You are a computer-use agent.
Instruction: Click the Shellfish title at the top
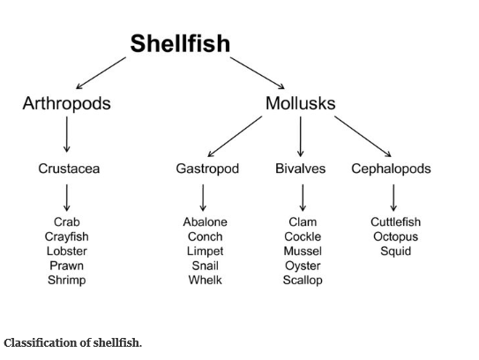[x=180, y=43]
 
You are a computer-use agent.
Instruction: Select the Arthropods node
[x=66, y=103]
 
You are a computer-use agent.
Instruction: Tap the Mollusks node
[x=301, y=103]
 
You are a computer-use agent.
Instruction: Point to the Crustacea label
[x=69, y=169]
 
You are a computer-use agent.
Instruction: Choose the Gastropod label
[x=207, y=169]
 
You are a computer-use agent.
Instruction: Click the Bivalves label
[x=301, y=169]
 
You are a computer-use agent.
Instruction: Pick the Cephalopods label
[x=391, y=169]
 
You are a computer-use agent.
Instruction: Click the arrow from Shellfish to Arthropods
[x=101, y=73]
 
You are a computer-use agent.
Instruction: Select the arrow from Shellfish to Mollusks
[x=258, y=73]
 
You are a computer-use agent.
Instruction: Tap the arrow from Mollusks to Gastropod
[x=235, y=136]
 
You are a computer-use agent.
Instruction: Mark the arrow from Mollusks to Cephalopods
[x=363, y=136]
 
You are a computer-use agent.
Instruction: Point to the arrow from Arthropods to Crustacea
[x=66, y=134]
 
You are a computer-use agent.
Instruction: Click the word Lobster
[x=67, y=251]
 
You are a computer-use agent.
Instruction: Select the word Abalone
[x=206, y=222]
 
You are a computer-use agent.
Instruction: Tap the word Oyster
[x=303, y=266]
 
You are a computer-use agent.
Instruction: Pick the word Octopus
[x=395, y=236]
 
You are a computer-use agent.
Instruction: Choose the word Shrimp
[x=67, y=281]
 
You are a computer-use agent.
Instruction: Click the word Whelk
[x=206, y=281]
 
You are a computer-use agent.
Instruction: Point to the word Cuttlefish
[x=395, y=222]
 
